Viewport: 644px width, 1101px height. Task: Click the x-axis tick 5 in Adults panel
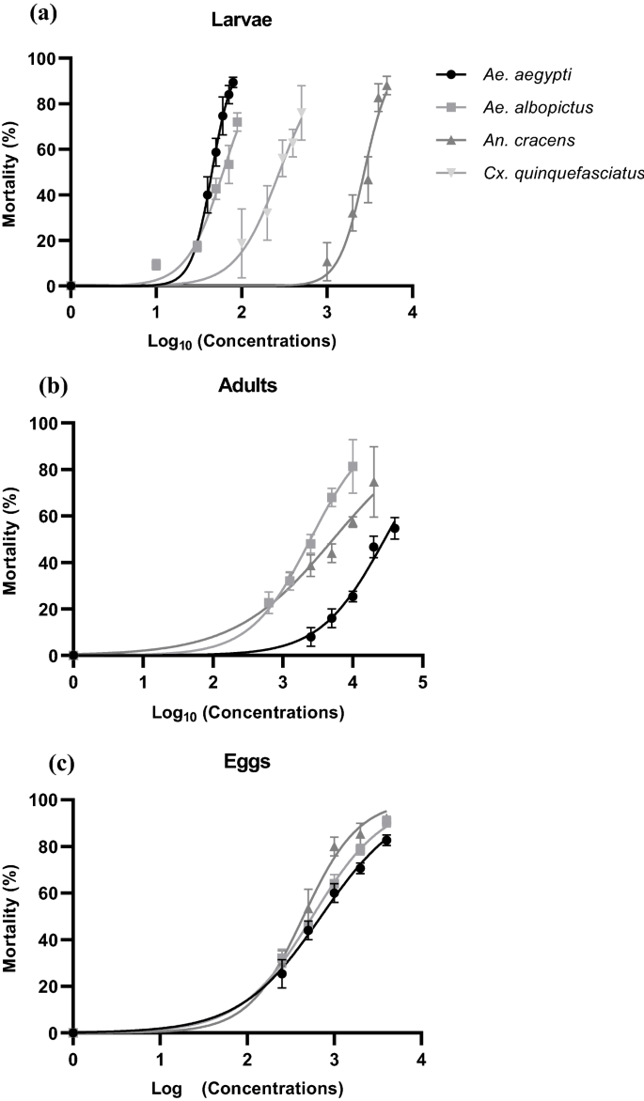[x=422, y=679]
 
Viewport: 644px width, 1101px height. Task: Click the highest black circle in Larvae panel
[x=233, y=82]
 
